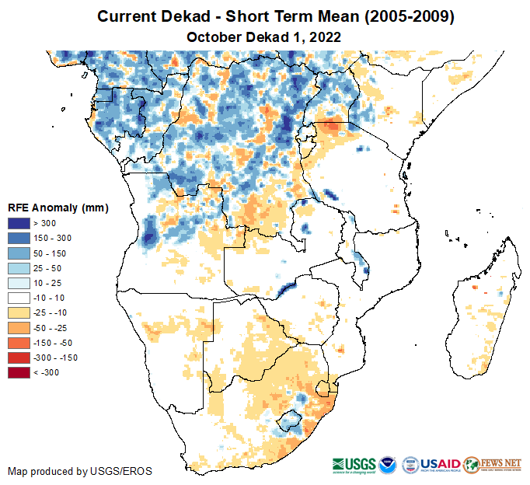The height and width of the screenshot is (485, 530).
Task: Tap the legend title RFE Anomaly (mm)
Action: click(58, 208)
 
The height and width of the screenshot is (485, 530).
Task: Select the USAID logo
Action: click(441, 463)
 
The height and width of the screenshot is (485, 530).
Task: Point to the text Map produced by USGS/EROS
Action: click(80, 471)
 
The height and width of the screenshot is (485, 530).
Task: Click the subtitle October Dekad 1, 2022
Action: click(264, 37)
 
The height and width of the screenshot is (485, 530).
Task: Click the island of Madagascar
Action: click(474, 319)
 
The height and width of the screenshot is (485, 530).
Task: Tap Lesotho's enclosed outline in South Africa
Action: click(290, 420)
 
